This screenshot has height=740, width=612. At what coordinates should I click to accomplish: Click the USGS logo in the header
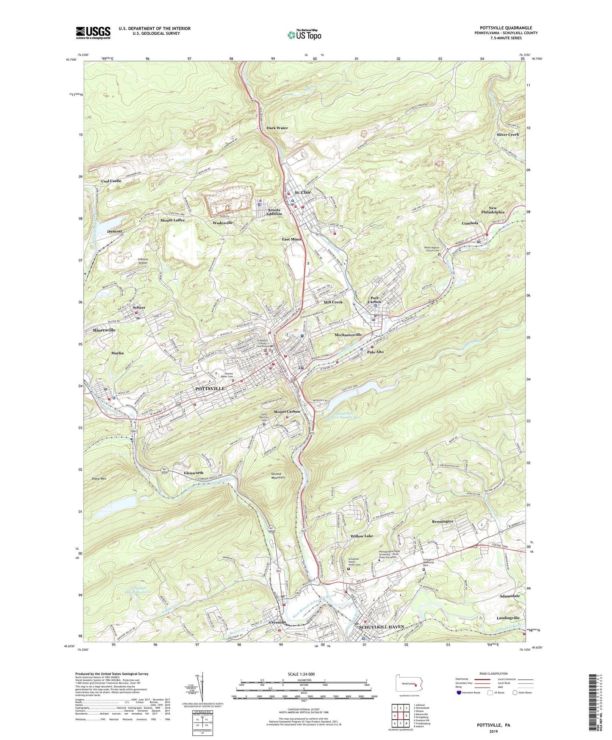(93, 33)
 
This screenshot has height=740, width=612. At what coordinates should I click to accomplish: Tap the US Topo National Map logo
(304, 35)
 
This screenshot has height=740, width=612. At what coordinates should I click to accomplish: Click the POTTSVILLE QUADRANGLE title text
(506, 28)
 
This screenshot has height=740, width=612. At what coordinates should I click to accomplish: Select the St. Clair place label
(303, 192)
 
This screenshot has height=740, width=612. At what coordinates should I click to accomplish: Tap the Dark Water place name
(277, 128)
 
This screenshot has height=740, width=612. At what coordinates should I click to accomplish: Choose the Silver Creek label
(507, 134)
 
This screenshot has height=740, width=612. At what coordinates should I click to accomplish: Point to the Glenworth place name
(194, 473)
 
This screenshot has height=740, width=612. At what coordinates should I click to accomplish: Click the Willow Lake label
(362, 536)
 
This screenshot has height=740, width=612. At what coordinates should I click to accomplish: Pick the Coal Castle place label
(111, 181)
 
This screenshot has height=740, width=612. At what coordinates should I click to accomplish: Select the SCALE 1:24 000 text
(302, 674)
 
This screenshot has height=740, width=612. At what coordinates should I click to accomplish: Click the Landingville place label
(509, 618)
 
